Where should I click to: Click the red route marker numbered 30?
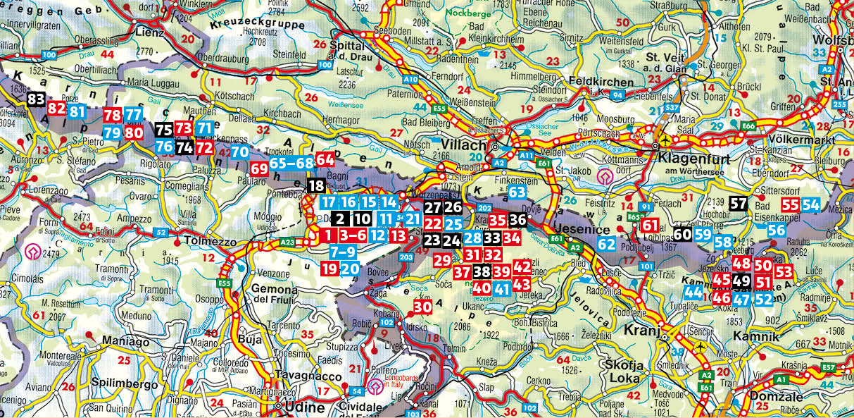pos(422,307)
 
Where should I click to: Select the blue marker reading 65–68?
pos(291,162)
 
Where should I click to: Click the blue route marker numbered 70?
pos(239,151)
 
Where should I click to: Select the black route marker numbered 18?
pos(316,186)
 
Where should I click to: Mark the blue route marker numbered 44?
pos(693,293)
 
